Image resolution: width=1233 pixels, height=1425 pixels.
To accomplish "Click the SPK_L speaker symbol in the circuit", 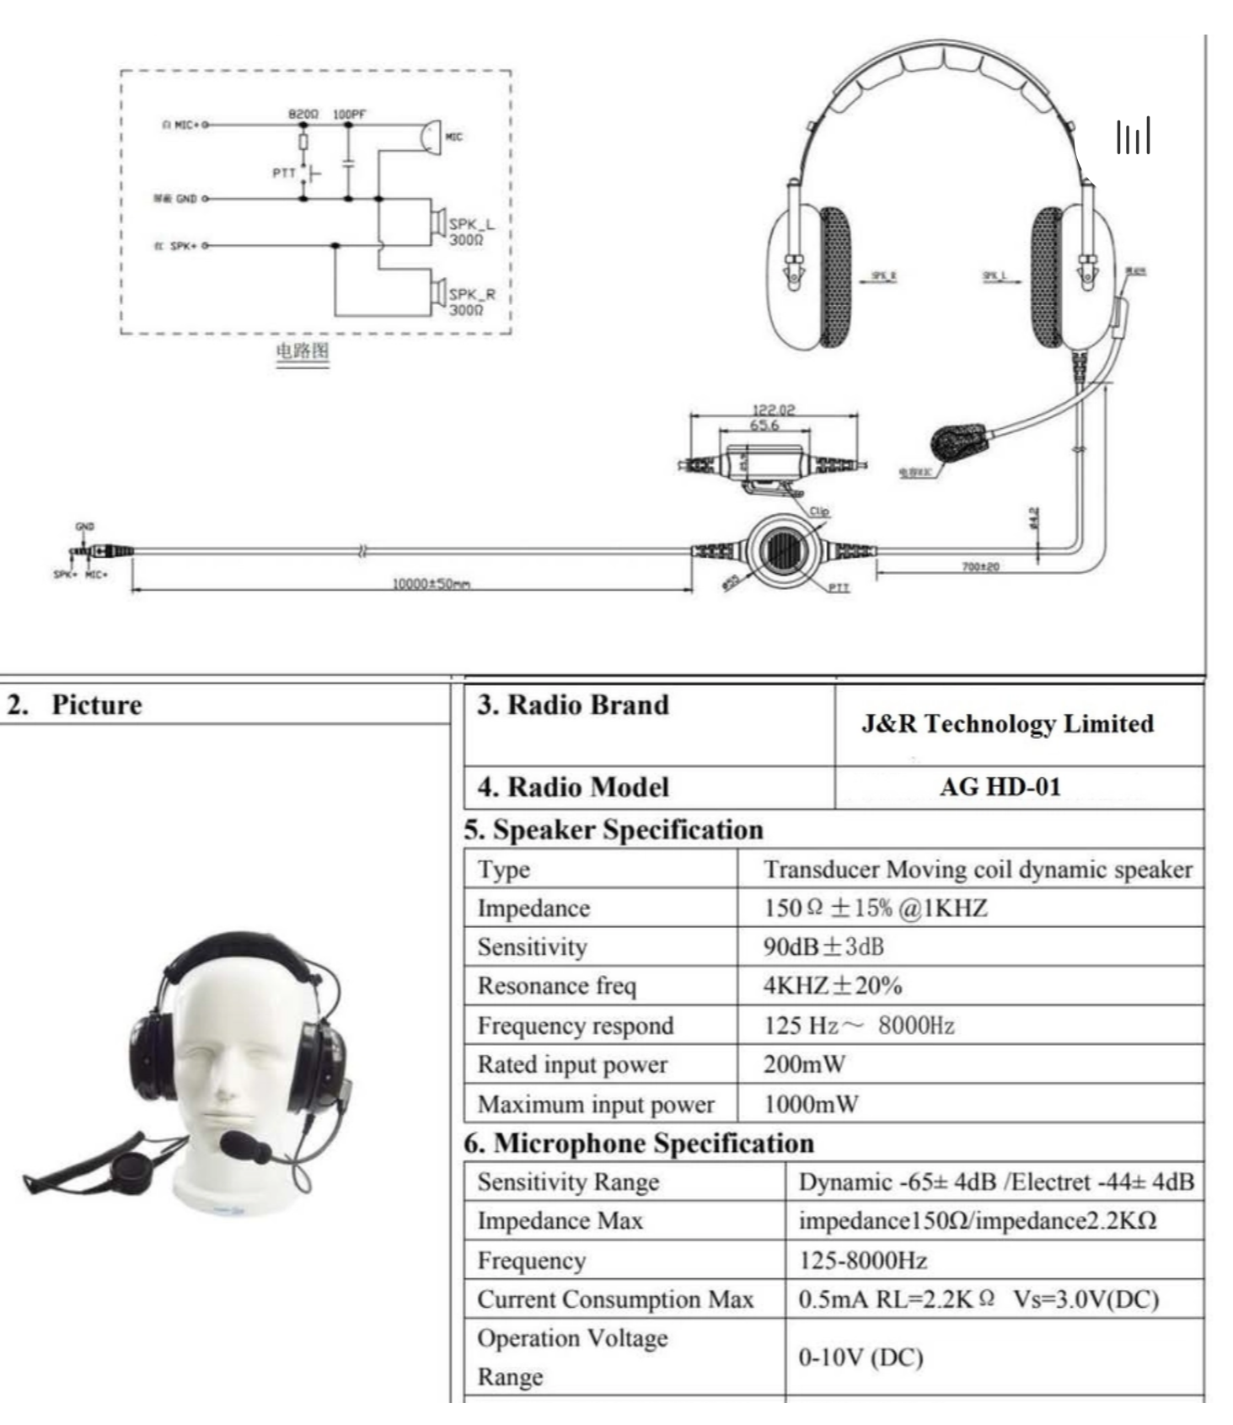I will click(438, 222).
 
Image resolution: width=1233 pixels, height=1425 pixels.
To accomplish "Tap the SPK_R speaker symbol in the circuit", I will click(438, 293).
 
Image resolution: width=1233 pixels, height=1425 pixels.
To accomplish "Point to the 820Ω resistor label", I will click(303, 114).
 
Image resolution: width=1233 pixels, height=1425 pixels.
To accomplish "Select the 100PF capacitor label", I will click(350, 114).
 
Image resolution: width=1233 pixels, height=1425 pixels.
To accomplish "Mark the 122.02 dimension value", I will click(773, 410).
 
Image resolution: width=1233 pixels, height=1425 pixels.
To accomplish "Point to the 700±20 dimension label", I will click(980, 566).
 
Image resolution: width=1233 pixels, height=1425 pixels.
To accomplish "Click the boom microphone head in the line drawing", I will click(957, 442).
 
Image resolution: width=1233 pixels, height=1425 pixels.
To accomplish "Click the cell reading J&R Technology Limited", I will click(1007, 724).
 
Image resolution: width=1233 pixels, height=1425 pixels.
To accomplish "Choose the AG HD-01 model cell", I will click(1000, 787).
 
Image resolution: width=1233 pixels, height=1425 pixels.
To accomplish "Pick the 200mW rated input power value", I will click(804, 1064).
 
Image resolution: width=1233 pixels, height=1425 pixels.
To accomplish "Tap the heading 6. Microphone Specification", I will click(639, 1143).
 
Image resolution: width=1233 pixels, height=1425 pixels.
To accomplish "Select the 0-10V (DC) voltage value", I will click(860, 1358).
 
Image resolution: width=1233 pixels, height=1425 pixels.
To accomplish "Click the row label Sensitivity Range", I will click(568, 1181).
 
